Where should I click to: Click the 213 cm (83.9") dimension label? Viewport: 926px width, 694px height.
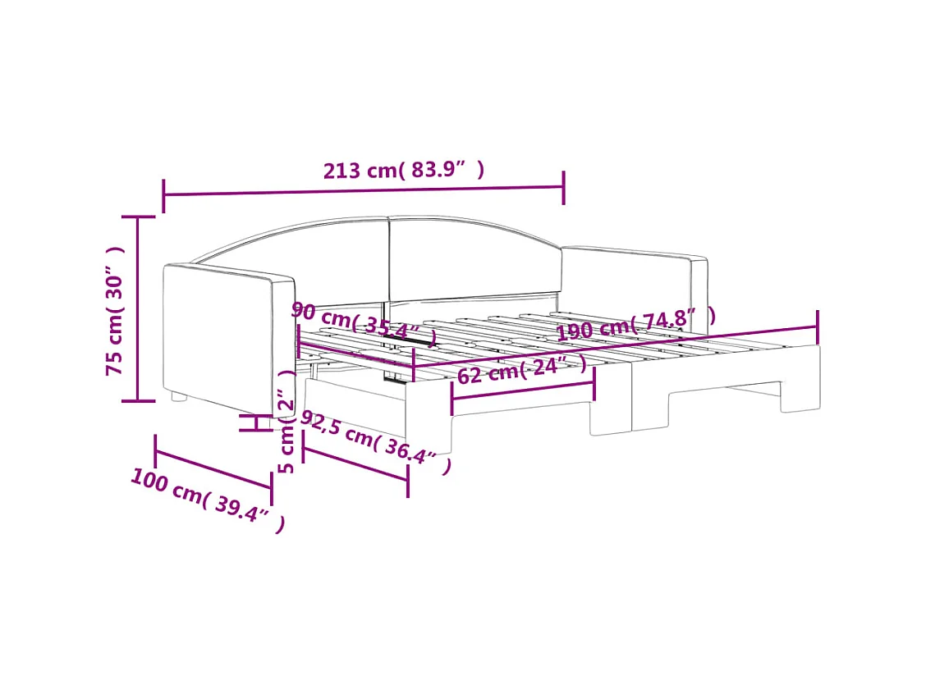[403, 170]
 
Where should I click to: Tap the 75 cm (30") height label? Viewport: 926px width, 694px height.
[115, 311]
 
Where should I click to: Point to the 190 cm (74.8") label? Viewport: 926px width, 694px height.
[636, 324]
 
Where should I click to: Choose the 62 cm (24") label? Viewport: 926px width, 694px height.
[522, 370]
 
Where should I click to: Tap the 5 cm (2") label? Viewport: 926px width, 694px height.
[287, 422]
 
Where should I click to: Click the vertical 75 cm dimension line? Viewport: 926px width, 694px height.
[138, 308]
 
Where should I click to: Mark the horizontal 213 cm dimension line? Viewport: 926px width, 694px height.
[364, 190]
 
